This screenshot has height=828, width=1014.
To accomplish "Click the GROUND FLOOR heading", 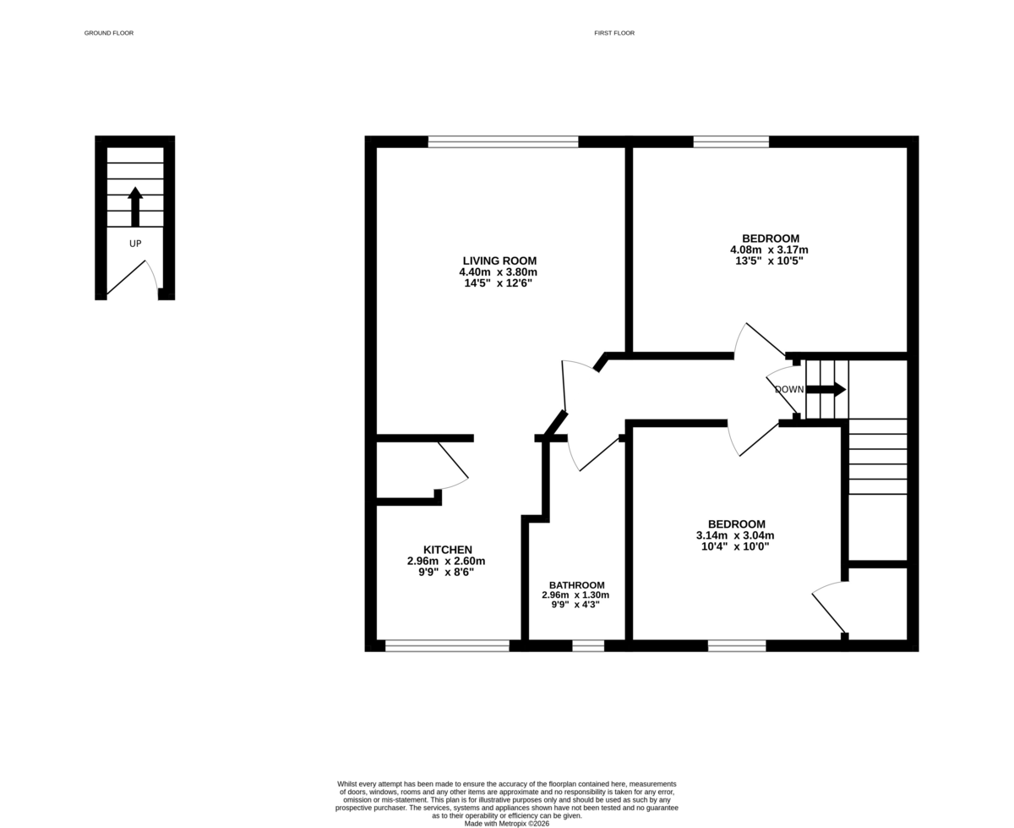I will click(x=108, y=33).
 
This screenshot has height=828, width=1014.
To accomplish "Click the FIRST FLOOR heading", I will click(x=613, y=33).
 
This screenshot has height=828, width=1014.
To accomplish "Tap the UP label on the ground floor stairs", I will click(x=134, y=244).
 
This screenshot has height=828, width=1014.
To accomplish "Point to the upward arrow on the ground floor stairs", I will click(x=135, y=206).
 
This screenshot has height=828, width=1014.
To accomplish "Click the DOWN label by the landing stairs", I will click(x=788, y=390).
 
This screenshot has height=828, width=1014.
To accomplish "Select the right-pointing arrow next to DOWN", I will click(x=826, y=389).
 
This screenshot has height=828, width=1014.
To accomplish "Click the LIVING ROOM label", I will click(x=499, y=260).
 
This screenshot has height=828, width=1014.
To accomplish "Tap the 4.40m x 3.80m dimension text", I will click(x=499, y=272).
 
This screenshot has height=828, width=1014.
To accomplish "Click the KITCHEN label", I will click(x=447, y=550).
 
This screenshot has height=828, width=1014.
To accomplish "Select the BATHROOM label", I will click(x=576, y=585).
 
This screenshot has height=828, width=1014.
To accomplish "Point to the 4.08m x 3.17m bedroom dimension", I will click(x=769, y=250).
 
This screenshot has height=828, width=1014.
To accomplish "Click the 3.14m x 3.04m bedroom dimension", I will click(x=735, y=535).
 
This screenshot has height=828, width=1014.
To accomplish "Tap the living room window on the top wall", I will click(x=503, y=141).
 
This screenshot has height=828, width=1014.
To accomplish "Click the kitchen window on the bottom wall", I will click(x=447, y=646).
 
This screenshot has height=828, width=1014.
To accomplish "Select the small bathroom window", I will click(x=588, y=646).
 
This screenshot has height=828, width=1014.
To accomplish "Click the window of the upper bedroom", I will click(x=731, y=141).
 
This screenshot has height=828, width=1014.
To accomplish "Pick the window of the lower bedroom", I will click(x=737, y=646).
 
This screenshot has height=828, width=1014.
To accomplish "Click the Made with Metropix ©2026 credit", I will click(x=507, y=823).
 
